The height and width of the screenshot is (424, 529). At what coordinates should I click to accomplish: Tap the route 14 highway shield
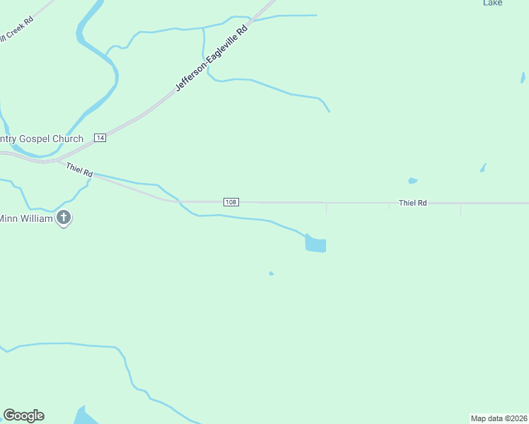[x=100, y=138]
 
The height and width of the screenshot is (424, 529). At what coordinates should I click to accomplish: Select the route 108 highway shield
[x=231, y=202]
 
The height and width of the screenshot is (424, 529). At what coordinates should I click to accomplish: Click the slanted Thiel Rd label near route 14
[x=79, y=170]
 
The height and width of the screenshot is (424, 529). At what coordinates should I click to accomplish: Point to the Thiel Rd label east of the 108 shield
[x=412, y=203]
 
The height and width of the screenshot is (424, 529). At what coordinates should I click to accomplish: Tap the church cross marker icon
[x=64, y=218]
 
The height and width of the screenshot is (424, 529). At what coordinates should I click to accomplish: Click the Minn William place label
[x=27, y=218]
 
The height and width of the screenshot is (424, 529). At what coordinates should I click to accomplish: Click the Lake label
[x=493, y=3]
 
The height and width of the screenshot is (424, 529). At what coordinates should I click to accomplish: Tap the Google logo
[x=23, y=416]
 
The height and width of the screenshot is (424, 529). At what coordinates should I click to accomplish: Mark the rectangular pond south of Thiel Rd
[x=315, y=245]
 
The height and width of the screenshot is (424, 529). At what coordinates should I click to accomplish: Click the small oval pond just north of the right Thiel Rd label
[x=412, y=180]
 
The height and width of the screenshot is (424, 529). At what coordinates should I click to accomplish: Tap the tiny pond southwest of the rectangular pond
[x=271, y=273]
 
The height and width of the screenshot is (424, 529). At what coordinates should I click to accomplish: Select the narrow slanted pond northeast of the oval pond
[x=483, y=168]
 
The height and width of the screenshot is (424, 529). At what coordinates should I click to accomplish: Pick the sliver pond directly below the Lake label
[x=523, y=77]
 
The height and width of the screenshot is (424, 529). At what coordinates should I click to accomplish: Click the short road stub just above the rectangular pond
[x=326, y=208]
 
